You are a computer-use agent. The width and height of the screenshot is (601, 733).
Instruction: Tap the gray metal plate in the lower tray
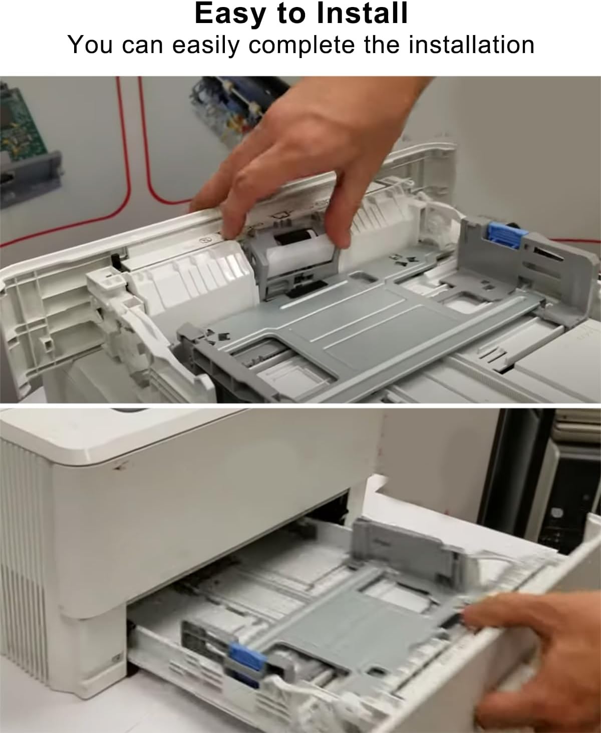click(x=351, y=621)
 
